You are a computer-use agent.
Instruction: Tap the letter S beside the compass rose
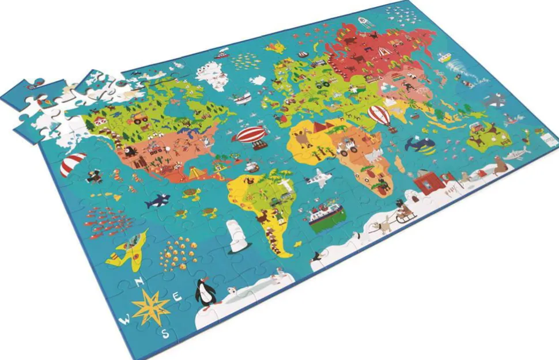(165, 333)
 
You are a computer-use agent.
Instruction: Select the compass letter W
(124, 318)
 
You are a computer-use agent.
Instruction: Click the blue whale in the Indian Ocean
(420, 144)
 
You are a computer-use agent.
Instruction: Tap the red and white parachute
(73, 163)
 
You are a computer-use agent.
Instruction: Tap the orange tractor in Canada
(141, 119)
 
